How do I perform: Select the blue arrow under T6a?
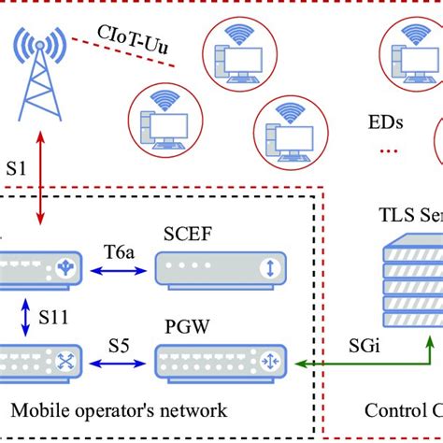(x=119, y=272)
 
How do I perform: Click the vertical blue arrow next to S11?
(x=23, y=317)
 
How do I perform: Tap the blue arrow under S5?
(x=119, y=362)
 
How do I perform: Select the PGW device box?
(x=219, y=361)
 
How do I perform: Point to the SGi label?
(x=364, y=343)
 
